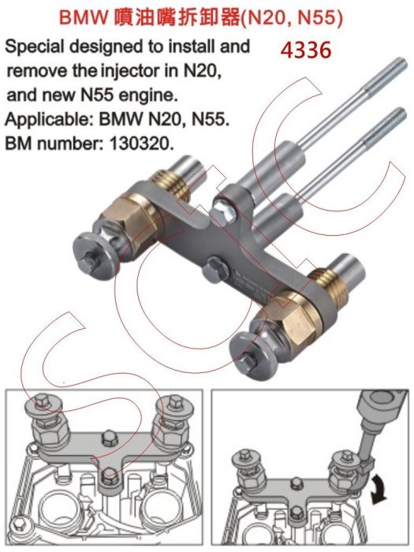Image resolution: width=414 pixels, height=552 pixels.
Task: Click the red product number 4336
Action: [x=306, y=50]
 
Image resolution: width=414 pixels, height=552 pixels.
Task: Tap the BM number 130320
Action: [x=141, y=144]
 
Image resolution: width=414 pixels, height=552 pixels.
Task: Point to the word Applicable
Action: [x=48, y=120]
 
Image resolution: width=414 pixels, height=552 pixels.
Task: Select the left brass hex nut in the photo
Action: [x=129, y=220]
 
